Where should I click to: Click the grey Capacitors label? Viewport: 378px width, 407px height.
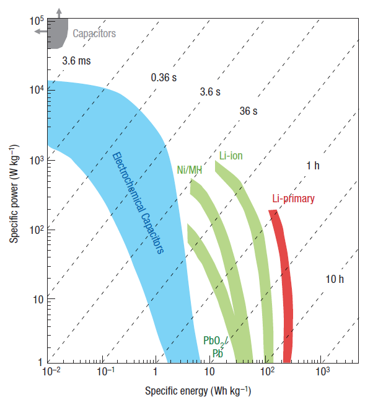(94, 34)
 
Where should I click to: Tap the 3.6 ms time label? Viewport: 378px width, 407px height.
(77, 61)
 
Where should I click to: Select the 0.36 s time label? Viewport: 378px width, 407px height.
(165, 78)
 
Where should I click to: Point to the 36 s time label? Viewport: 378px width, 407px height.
(249, 111)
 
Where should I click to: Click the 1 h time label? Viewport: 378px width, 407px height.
(313, 166)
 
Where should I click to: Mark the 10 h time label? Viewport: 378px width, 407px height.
(334, 279)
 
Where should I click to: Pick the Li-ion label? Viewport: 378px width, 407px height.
(231, 155)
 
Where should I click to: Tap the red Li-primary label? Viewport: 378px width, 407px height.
(293, 199)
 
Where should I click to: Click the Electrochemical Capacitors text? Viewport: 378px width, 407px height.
(138, 203)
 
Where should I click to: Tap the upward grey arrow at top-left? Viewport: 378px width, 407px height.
(58, 12)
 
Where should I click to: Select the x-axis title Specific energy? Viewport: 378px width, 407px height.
(198, 391)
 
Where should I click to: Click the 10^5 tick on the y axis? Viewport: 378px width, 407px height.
(35, 21)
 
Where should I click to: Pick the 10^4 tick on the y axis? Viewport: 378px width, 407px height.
(35, 91)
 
